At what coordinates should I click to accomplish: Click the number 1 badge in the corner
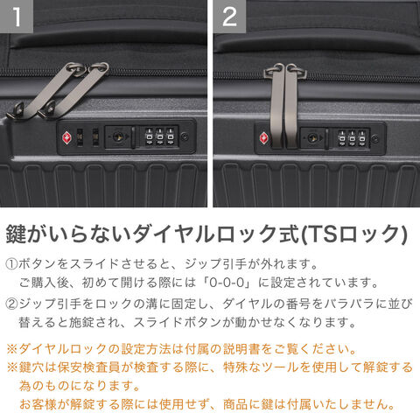17,16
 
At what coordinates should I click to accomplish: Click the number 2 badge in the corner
229,16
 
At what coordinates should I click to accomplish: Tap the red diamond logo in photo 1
67,137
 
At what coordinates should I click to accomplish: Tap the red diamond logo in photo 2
264,137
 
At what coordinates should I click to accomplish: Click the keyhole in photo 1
117,136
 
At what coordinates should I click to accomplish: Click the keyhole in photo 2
312,137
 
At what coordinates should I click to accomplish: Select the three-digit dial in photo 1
159,136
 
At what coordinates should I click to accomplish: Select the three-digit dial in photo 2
352,137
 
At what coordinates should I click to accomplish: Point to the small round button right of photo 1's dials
185,136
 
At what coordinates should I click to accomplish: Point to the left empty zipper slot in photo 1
80,137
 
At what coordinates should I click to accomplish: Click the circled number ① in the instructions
11,264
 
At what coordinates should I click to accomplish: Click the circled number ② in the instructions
11,304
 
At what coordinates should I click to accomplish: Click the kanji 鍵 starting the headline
16,234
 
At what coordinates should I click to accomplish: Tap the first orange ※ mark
12,349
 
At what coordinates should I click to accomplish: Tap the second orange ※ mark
12,367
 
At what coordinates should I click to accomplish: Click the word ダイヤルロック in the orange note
63,349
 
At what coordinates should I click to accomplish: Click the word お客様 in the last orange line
38,404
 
